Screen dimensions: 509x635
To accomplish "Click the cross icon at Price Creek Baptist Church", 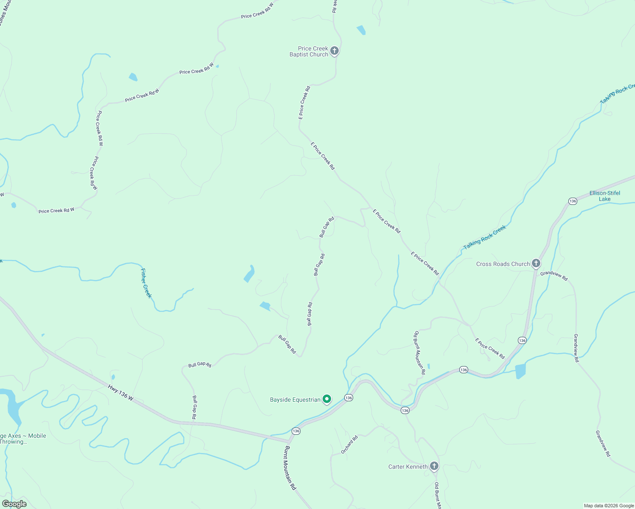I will (334, 51).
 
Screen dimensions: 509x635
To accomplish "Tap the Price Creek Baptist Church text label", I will (309, 51).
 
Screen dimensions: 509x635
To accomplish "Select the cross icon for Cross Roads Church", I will (536, 263).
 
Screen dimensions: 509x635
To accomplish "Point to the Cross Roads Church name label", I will (503, 264).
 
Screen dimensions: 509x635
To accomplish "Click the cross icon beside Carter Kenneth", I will (434, 466).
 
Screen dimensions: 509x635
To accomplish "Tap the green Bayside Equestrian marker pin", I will (327, 399).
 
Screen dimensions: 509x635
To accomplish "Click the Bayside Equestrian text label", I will (295, 400).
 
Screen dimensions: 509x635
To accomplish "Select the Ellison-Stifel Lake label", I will (604, 196).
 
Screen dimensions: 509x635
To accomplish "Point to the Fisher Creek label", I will (146, 283).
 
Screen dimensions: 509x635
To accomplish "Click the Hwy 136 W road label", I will (121, 392).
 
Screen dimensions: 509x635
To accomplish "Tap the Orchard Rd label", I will (349, 445).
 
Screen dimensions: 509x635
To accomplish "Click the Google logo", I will (14, 504).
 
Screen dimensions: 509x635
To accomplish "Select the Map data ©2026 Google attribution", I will (608, 506).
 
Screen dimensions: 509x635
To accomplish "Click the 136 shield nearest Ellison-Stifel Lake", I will (573, 201).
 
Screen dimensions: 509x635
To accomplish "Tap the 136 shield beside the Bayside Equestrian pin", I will (348, 397).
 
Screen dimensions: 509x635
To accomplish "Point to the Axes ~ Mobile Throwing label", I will (23, 439).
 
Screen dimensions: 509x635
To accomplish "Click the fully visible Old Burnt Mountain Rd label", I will (420, 352).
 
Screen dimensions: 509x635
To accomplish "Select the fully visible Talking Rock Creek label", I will (485, 238).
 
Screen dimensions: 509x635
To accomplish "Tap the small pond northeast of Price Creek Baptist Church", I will (361, 30).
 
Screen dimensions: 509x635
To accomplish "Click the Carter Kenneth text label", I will (408, 467).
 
